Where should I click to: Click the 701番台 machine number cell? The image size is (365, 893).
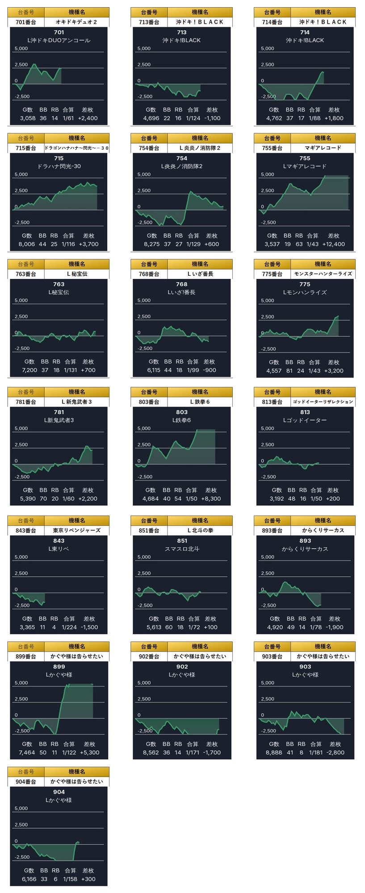[x=26, y=22]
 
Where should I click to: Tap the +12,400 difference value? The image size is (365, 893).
[x=333, y=244]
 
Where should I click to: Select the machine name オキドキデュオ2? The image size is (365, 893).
[x=76, y=22]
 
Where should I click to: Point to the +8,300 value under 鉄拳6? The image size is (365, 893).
[x=211, y=498]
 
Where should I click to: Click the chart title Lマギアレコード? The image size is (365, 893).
[x=305, y=166]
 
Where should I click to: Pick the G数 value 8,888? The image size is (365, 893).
[x=273, y=752]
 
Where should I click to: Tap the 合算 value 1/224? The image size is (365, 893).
[x=69, y=627]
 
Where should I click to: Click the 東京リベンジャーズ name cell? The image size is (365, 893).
[x=76, y=531]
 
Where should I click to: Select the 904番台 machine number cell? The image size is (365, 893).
[x=26, y=781]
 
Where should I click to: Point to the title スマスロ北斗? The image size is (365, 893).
[x=181, y=549]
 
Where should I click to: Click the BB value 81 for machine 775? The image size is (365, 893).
[x=289, y=370]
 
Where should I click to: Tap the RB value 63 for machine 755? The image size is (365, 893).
[x=299, y=244]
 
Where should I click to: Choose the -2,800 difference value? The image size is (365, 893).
[x=335, y=752]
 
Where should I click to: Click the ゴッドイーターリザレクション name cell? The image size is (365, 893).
[x=323, y=402]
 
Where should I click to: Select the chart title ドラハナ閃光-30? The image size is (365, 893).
[x=59, y=166]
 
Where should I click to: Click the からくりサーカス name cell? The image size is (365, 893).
[x=323, y=531]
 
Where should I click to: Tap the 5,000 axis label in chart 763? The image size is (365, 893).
[x=21, y=300]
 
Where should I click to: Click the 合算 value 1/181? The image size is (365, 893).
[x=316, y=752]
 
